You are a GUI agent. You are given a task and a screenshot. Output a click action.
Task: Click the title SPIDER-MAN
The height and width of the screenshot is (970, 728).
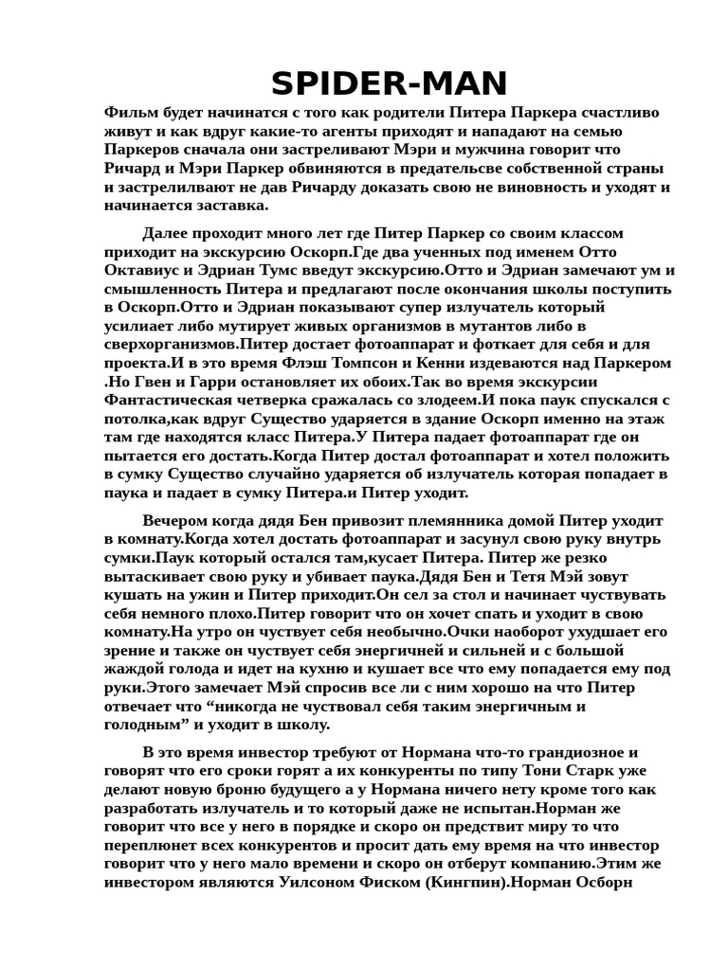coord(390,84)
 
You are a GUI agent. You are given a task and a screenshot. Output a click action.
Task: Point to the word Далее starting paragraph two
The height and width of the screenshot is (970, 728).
coord(167,233)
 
